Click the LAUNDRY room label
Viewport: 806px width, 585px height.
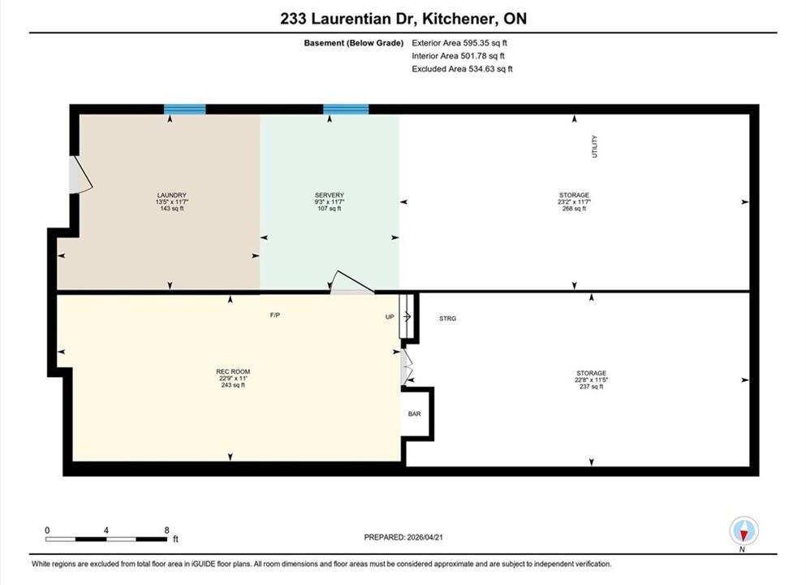(x=172, y=196)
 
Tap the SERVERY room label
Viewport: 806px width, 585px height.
(x=330, y=196)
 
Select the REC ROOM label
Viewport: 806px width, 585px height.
(x=233, y=371)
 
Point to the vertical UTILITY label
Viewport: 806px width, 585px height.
(x=595, y=146)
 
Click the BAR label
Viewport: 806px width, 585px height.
(x=414, y=414)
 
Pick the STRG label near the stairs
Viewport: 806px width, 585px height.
(x=448, y=319)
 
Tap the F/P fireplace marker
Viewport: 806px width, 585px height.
(x=275, y=315)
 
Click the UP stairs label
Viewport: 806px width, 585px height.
(x=390, y=317)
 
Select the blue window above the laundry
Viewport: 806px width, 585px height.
(x=185, y=109)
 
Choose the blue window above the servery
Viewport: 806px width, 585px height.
(x=346, y=109)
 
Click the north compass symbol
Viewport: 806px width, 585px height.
(x=744, y=531)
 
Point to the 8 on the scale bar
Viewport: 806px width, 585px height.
(x=166, y=530)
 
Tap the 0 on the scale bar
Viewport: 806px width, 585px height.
(x=47, y=530)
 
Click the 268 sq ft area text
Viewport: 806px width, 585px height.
(x=574, y=209)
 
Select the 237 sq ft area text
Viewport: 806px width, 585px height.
(x=591, y=387)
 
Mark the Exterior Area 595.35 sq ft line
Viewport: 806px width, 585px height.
(x=459, y=43)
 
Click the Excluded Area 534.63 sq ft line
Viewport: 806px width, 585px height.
(x=462, y=69)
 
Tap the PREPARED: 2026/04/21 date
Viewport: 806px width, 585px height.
(x=403, y=537)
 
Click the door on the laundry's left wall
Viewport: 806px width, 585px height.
(x=80, y=175)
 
